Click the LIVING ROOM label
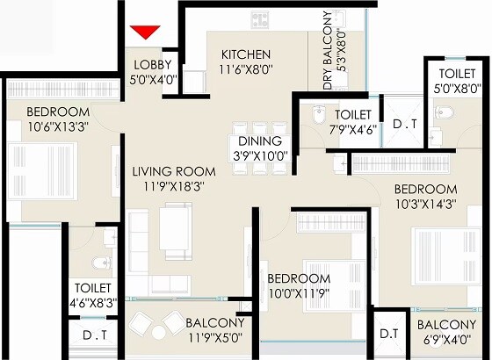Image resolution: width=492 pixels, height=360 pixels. (x=163, y=170)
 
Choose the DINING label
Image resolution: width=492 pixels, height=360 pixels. (x=259, y=140)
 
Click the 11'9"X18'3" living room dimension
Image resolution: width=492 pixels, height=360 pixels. (x=163, y=186)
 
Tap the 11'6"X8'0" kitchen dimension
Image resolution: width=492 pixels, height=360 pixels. (x=246, y=70)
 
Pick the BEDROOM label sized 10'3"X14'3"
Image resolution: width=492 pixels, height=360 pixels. (x=425, y=189)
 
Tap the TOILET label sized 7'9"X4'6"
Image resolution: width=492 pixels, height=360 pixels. (x=353, y=115)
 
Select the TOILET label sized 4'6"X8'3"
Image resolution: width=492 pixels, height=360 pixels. (x=92, y=288)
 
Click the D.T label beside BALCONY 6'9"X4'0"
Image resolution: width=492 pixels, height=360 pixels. (x=387, y=335)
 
